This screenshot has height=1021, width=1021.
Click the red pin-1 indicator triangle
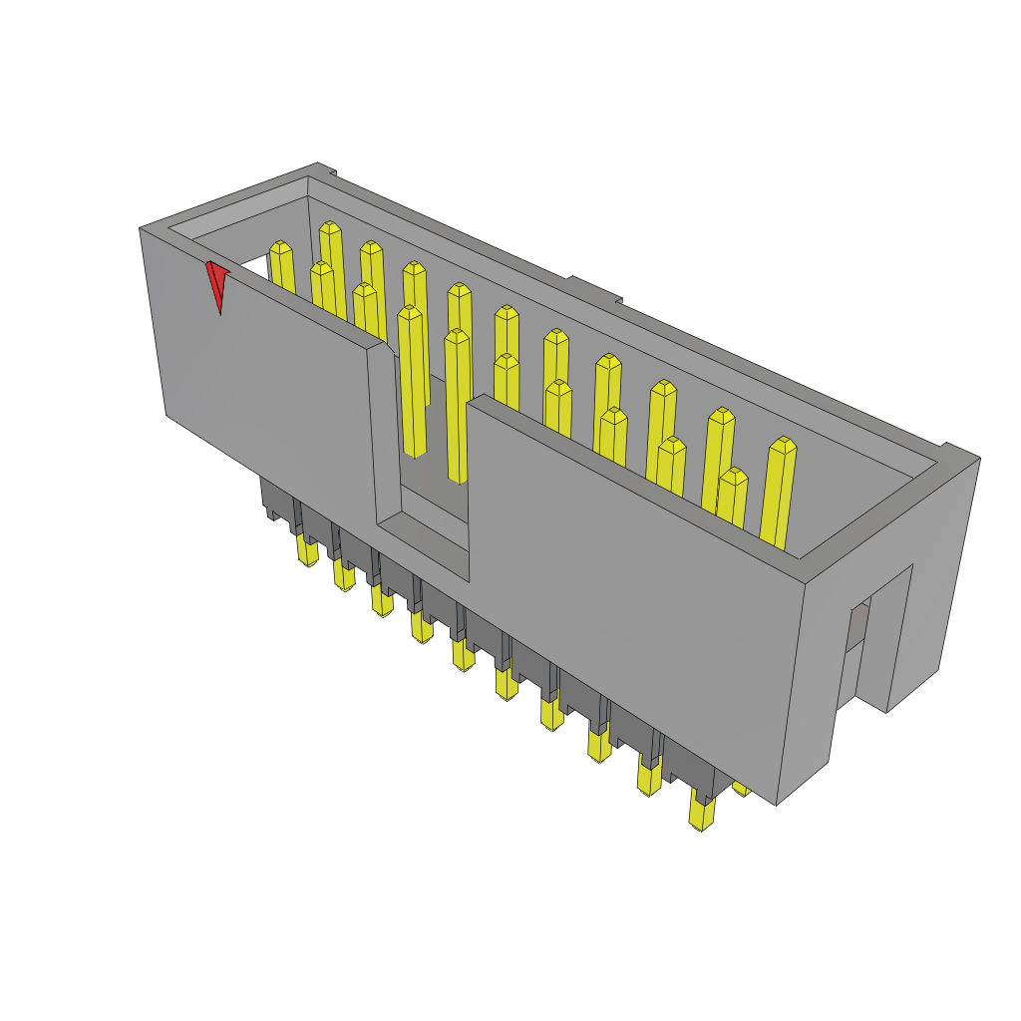point(216,283)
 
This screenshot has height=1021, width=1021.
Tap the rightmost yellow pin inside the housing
point(779,494)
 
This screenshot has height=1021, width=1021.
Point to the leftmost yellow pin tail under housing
point(307,549)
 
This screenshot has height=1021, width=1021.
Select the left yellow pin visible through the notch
point(412,379)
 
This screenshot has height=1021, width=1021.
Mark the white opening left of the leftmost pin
point(254,265)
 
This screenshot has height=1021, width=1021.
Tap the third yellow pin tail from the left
point(381,600)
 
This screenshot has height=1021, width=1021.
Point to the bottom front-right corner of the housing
point(777,804)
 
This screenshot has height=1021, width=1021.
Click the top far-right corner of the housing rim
point(978,458)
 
